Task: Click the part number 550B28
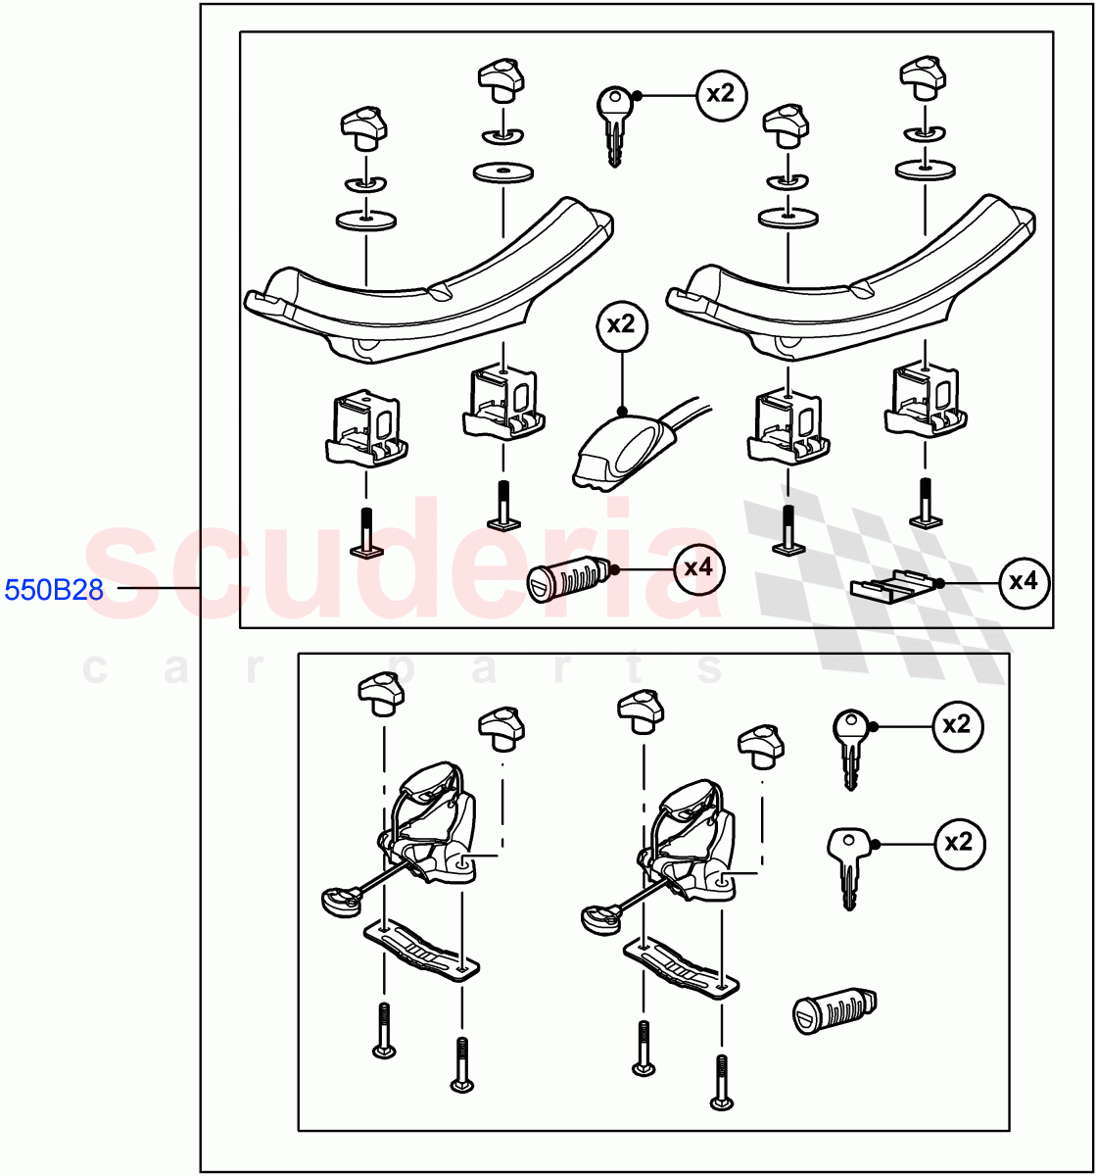click(x=54, y=590)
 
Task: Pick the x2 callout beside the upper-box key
click(x=721, y=94)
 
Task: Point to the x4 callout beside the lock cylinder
click(x=698, y=568)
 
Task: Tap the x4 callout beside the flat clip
click(x=1024, y=582)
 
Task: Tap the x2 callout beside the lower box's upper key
click(x=957, y=725)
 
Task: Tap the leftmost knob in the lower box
click(x=381, y=694)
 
